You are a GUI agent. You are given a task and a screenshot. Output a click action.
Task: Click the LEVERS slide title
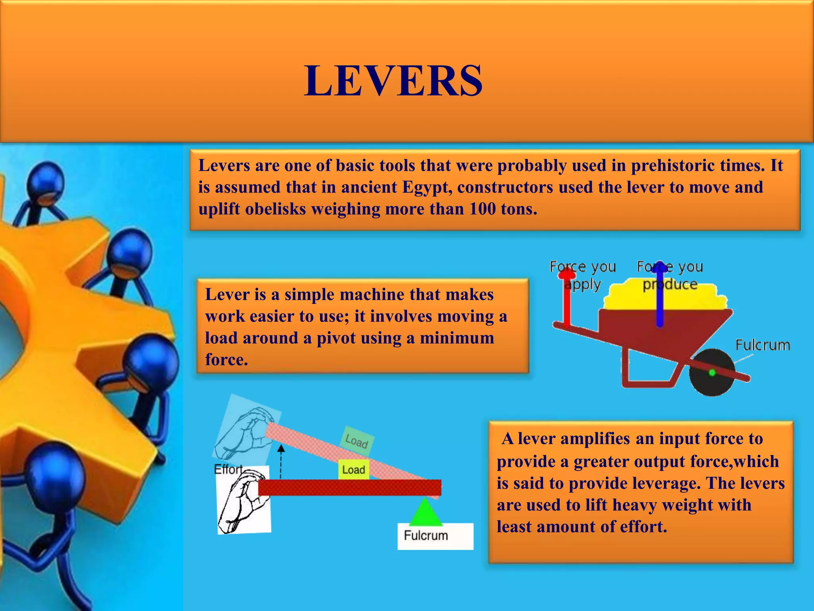click(393, 81)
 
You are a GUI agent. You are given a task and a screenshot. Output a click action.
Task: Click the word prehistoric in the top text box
click(682, 165)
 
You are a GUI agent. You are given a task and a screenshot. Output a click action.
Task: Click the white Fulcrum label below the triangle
click(426, 535)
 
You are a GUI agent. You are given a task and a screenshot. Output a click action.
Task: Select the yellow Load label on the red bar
click(353, 470)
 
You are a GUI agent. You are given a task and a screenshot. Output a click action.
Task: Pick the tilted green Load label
click(357, 441)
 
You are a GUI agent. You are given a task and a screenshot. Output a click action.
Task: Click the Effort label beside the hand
click(228, 469)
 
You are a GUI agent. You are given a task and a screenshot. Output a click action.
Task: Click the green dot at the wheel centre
click(712, 373)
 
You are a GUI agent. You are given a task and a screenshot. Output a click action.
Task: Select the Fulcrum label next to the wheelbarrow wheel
click(763, 345)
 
